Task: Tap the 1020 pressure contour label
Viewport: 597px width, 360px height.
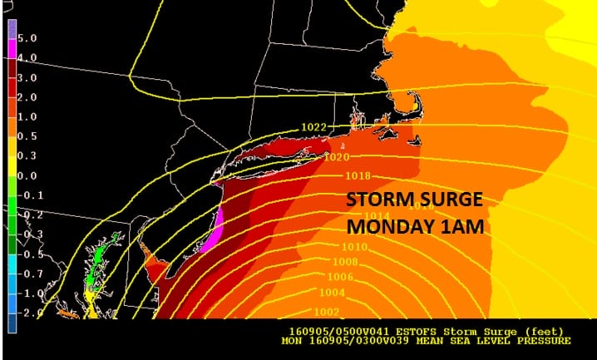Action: (336, 156)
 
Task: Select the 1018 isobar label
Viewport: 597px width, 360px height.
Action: (357, 176)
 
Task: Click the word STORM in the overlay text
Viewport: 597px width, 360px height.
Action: (377, 202)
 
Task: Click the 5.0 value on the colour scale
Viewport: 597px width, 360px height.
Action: (25, 39)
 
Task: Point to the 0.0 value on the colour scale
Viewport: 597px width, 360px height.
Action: (25, 176)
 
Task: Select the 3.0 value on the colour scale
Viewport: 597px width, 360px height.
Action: (25, 77)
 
